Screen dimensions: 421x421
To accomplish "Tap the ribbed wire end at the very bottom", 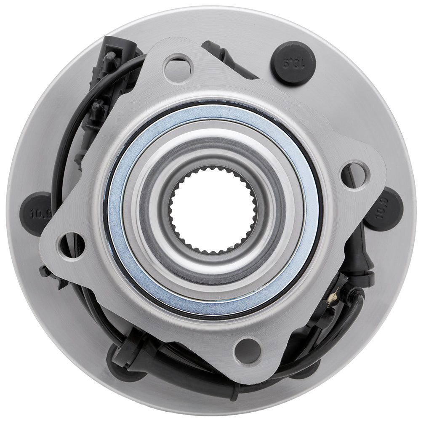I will (x=231, y=394).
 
